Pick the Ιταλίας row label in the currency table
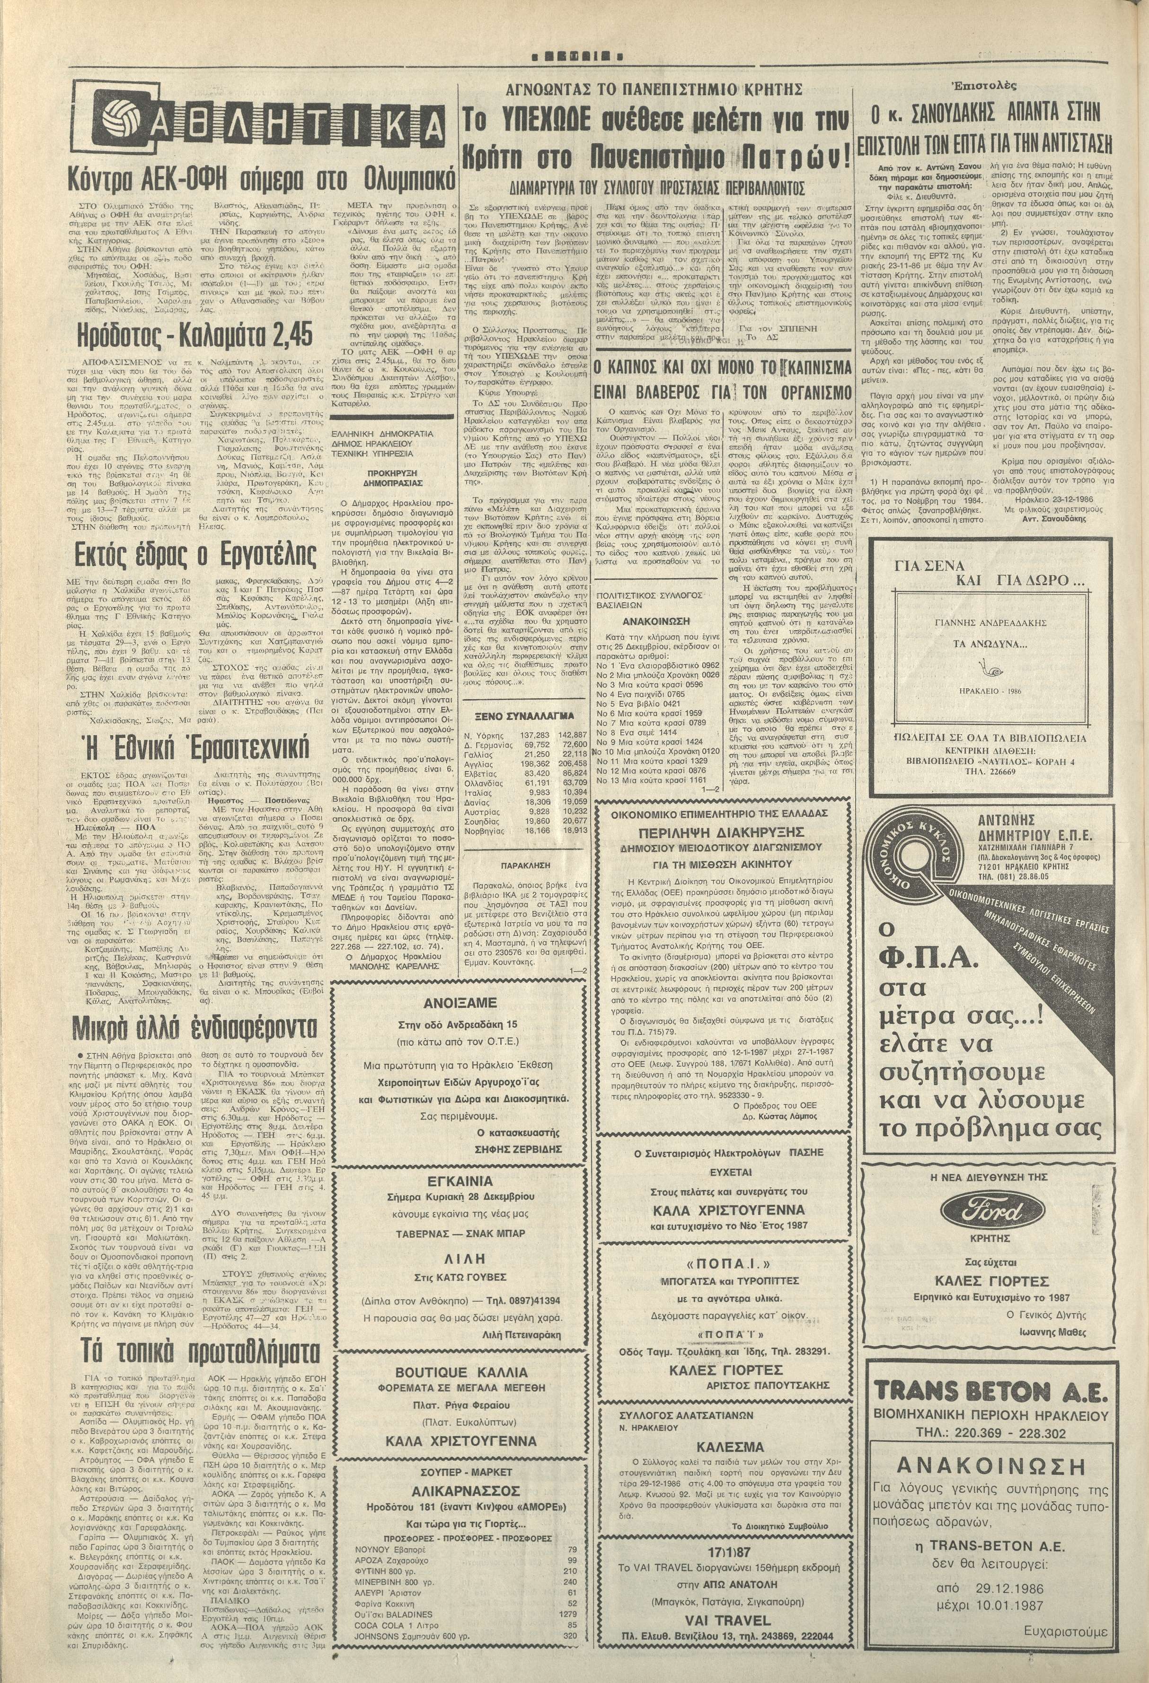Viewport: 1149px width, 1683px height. pyautogui.click(x=478, y=791)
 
